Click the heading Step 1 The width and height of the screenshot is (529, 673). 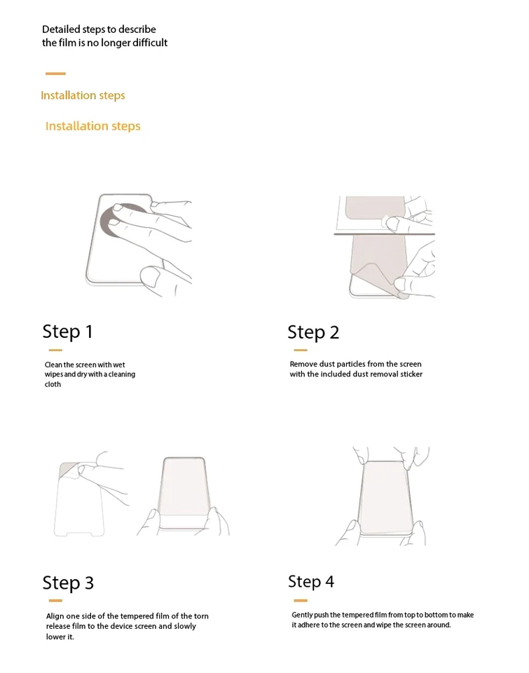point(67,332)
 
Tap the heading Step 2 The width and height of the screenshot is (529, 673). point(313,332)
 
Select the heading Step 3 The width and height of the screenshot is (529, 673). point(68,583)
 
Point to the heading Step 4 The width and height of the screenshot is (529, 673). point(311,582)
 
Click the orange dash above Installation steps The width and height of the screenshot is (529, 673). point(55,74)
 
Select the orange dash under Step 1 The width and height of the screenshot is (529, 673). point(55,351)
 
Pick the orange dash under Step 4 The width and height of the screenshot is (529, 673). point(301,601)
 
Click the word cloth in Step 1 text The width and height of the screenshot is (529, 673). point(53,384)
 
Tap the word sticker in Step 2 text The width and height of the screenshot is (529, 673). point(411,374)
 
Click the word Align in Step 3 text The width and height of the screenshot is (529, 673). point(55,616)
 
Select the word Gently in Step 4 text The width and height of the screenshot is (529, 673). point(302,615)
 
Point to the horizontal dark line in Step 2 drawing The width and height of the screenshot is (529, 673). point(385,234)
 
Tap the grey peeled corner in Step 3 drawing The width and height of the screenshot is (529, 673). point(69,470)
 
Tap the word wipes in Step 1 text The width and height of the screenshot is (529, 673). point(54,374)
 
